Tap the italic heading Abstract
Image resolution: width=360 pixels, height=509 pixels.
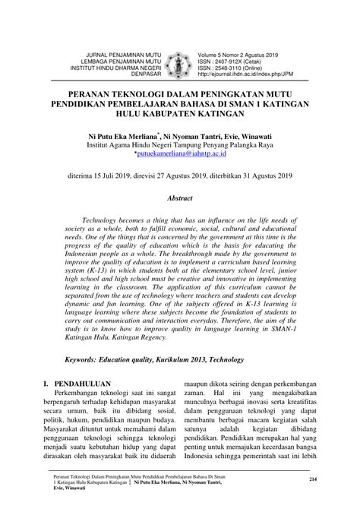click(x=180, y=196)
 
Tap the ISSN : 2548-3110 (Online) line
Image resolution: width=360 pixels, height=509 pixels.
click(x=236, y=68)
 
